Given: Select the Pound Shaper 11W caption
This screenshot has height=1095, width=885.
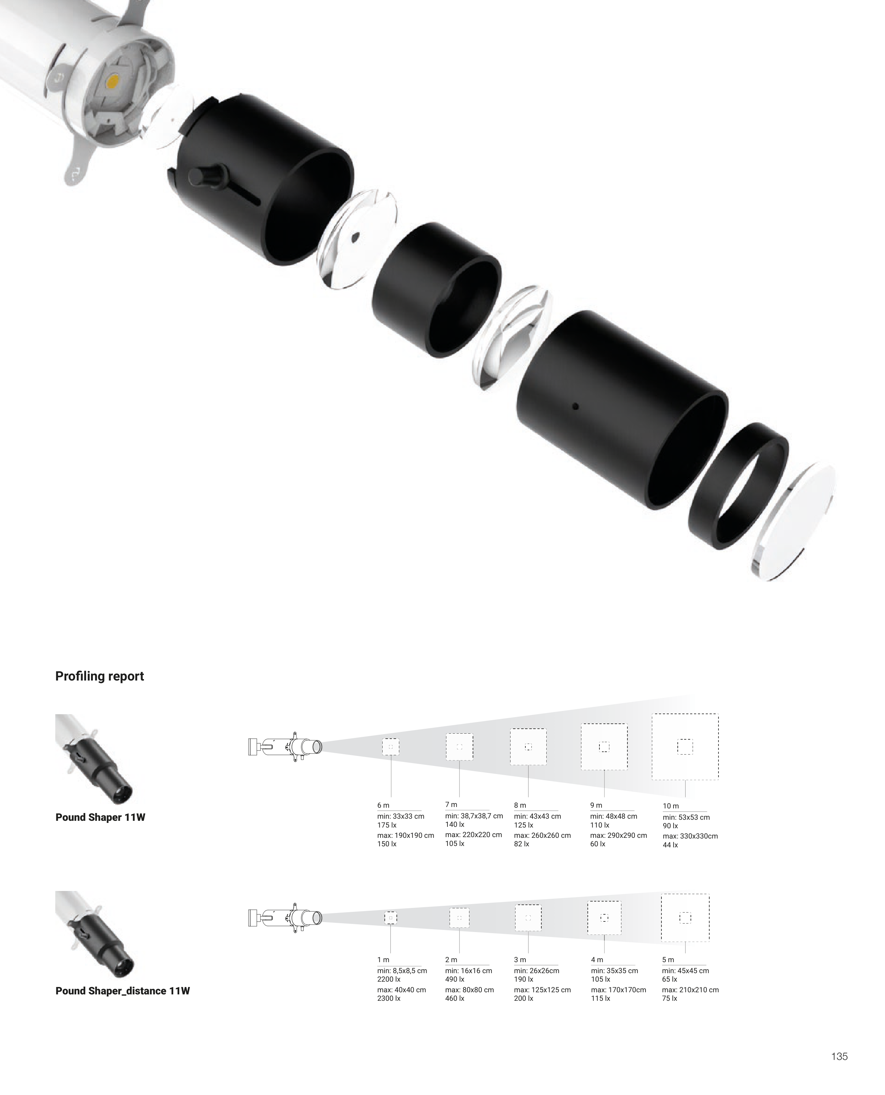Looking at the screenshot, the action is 100,817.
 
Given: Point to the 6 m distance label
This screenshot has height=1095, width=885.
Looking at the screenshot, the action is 383,806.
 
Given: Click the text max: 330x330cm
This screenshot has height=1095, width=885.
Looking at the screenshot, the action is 690,836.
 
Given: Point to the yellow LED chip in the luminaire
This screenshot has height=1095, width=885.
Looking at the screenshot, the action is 113,80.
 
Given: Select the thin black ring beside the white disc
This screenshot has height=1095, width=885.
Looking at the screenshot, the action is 738,485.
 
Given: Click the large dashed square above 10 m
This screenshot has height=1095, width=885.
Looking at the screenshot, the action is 685,746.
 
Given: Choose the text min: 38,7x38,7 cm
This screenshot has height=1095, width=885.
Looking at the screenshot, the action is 474,815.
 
